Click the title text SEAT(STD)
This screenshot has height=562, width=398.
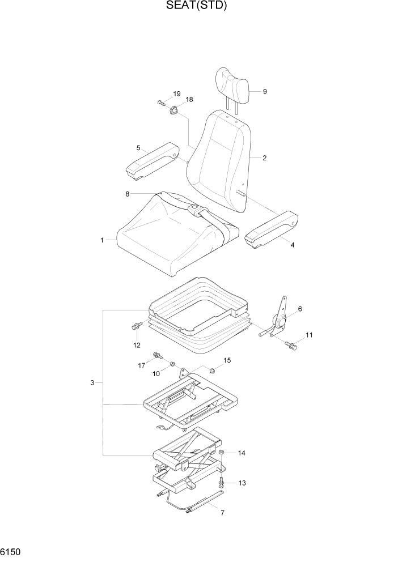(198, 6)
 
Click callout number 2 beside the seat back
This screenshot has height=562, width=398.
(264, 158)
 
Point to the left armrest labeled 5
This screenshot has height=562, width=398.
(152, 162)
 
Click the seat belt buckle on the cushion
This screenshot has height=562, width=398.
(194, 211)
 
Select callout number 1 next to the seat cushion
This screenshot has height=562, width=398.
(103, 240)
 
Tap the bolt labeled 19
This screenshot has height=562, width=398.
(161, 103)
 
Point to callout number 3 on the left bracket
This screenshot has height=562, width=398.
(92, 383)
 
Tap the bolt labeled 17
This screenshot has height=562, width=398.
(156, 356)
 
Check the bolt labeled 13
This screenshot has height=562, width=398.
(222, 482)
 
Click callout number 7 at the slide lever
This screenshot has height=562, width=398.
(222, 513)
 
